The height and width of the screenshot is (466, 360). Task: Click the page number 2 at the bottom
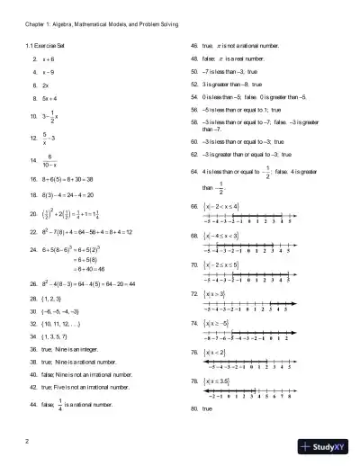[29, 440]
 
